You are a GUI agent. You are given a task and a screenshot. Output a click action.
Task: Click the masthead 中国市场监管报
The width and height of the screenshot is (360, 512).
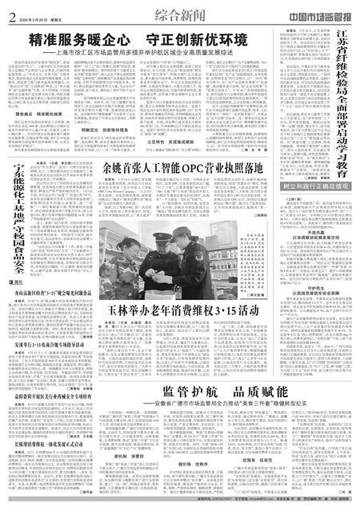point(316,14)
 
